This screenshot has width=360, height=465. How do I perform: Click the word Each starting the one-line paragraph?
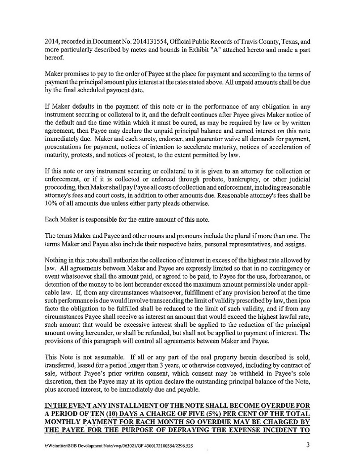point(53,220)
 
